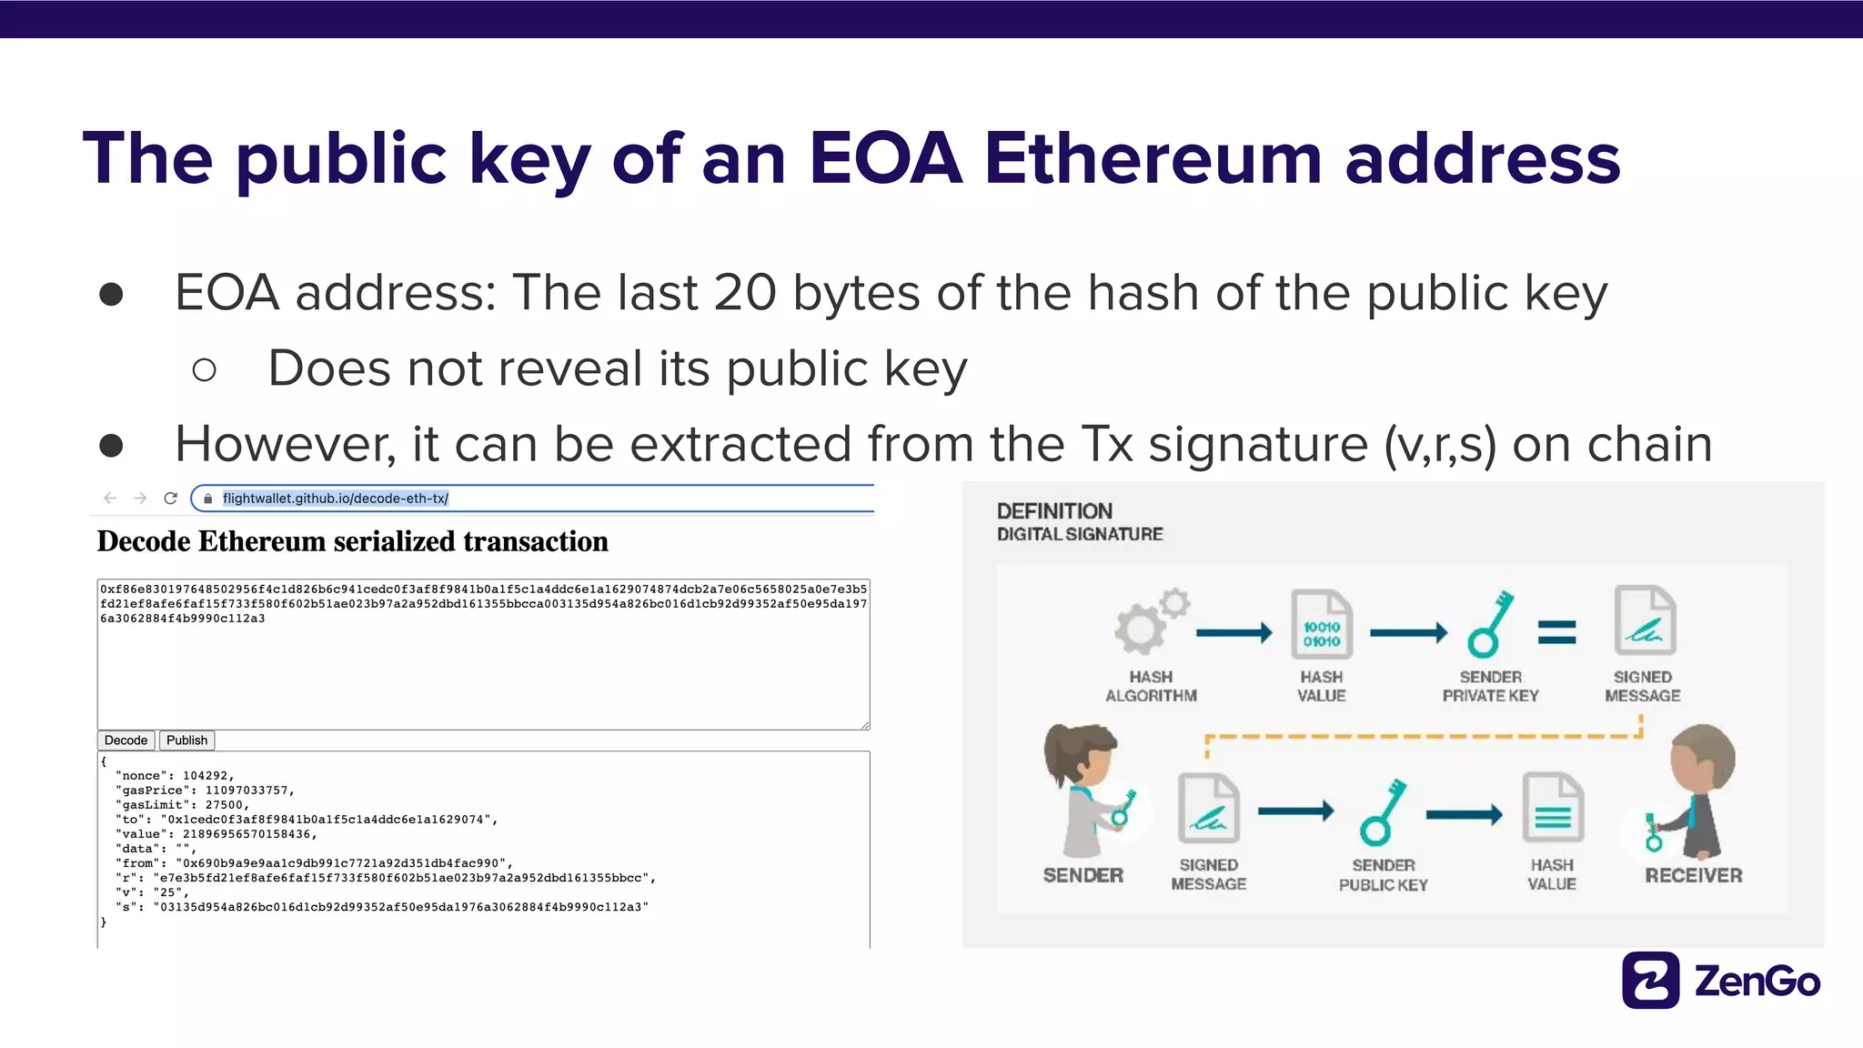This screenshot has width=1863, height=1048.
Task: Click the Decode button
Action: [x=126, y=741]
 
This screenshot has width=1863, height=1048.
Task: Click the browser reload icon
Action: [x=170, y=499]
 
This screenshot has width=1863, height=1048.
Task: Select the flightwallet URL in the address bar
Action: [x=335, y=499]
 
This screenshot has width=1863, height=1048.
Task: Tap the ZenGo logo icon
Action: [x=1650, y=981]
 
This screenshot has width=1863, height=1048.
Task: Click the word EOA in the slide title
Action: [x=885, y=158]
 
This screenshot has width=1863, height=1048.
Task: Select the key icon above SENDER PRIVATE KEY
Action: [x=1489, y=625]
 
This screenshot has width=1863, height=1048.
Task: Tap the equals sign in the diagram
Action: [x=1556, y=631]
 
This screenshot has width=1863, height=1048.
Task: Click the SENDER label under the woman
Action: [x=1083, y=875]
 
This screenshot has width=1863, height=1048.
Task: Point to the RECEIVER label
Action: [x=1693, y=875]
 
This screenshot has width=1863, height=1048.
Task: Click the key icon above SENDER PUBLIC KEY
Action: [x=1382, y=811]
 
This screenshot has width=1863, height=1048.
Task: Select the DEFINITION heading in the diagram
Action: [x=1054, y=511]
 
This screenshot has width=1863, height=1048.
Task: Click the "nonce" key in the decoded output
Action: [x=141, y=776]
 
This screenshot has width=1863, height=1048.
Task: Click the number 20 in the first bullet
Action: [x=745, y=293]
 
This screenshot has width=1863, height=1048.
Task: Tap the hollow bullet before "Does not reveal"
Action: [x=205, y=369]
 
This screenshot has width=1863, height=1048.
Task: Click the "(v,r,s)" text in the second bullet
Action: [x=1439, y=444]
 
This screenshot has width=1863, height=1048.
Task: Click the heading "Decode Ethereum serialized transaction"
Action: [x=353, y=541]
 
